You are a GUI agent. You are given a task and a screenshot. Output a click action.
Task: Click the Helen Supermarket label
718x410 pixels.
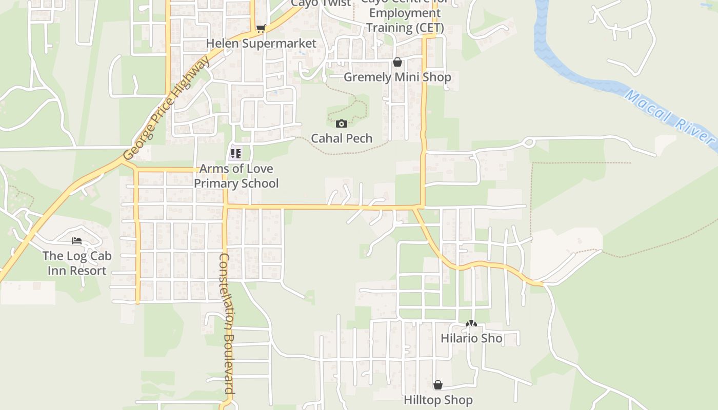click(x=261, y=44)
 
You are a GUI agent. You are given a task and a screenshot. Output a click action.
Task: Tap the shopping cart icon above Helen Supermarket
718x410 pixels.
click(x=261, y=29)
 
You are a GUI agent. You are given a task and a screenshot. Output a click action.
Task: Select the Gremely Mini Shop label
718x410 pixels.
click(x=397, y=77)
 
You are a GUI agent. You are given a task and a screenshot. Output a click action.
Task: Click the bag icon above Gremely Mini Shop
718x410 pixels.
click(x=397, y=63)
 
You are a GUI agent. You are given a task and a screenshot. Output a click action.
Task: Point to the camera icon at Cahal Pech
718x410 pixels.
click(x=342, y=124)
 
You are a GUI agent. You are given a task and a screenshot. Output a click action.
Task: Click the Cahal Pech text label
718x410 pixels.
click(x=342, y=138)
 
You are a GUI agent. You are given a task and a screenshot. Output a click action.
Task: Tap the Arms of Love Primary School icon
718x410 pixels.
click(x=236, y=153)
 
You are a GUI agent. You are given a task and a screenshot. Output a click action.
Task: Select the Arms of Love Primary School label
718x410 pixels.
click(x=236, y=176)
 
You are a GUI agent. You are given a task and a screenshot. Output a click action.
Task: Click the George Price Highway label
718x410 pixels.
click(x=167, y=108)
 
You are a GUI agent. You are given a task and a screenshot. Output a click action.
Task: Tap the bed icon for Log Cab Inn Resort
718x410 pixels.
click(x=77, y=240)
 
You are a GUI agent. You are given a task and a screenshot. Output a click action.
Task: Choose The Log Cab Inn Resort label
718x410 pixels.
click(x=77, y=263)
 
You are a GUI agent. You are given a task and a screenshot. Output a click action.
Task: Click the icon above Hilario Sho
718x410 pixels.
click(x=471, y=324)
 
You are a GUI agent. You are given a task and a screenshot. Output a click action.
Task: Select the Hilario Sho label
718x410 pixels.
click(x=471, y=339)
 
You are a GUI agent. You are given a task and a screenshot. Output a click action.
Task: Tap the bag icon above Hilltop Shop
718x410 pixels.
click(x=438, y=385)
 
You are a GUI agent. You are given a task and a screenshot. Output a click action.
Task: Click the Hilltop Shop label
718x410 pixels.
click(x=438, y=400)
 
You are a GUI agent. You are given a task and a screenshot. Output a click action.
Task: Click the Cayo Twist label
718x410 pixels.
click(x=321, y=3)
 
